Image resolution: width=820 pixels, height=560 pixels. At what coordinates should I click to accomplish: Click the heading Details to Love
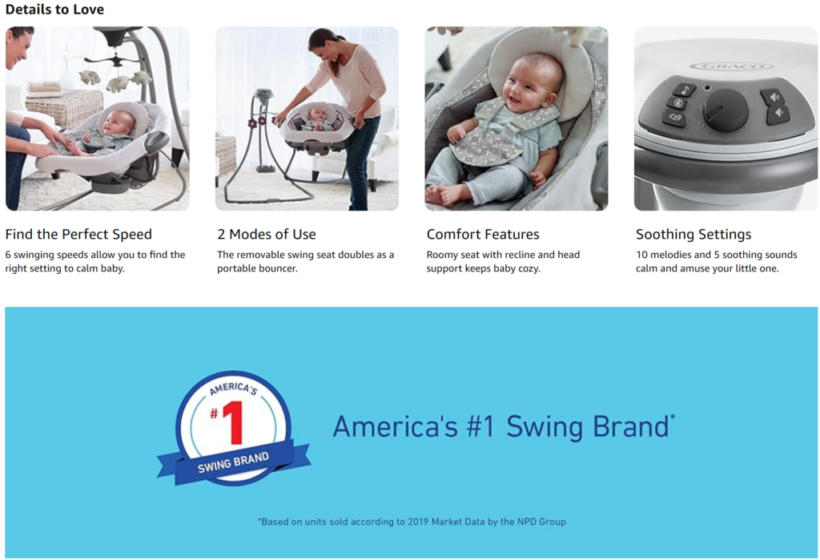[x=54, y=10]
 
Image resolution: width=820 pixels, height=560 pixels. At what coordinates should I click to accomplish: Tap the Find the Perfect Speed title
[x=78, y=234]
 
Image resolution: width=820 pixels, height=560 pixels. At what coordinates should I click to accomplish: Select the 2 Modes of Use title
[x=266, y=234]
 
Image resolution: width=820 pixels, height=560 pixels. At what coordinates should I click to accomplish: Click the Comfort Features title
[x=483, y=234]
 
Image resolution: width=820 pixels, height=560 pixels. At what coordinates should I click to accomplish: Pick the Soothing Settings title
[x=693, y=234]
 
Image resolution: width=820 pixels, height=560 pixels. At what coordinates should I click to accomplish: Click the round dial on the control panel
[x=726, y=110]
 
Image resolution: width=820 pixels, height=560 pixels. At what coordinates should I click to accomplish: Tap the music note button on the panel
[x=683, y=90]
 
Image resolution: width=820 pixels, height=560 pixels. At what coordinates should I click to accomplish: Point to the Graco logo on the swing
[x=730, y=66]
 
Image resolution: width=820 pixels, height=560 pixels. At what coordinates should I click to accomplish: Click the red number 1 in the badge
[x=232, y=423]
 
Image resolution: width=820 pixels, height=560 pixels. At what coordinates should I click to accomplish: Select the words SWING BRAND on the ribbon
[x=233, y=462]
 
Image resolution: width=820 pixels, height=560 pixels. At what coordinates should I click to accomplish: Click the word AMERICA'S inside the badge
[x=233, y=389]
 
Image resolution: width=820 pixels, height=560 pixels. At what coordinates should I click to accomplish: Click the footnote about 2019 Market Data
[x=412, y=522]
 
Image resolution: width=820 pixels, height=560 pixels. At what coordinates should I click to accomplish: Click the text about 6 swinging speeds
[x=95, y=261]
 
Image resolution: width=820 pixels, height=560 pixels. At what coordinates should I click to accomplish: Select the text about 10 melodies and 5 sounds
[x=717, y=261]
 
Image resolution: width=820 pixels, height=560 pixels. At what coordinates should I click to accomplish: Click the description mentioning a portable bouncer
[x=305, y=261]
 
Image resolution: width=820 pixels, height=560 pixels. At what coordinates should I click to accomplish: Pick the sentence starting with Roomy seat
[x=503, y=261]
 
